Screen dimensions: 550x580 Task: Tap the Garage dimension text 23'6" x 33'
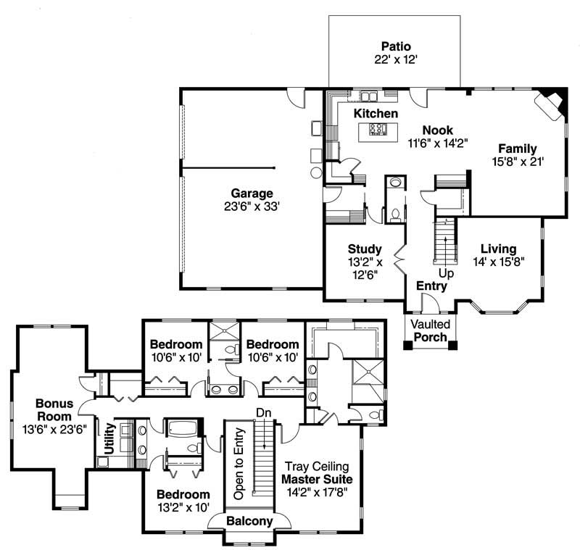pyautogui.click(x=252, y=207)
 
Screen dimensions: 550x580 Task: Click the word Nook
pyautogui.click(x=437, y=130)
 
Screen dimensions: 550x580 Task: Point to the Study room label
pyautogui.click(x=364, y=248)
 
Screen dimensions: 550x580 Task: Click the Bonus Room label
pyautogui.click(x=54, y=410)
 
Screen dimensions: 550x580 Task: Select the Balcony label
pyautogui.click(x=249, y=521)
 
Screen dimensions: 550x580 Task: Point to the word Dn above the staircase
pyautogui.click(x=262, y=412)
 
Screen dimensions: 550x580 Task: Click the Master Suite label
pyautogui.click(x=317, y=479)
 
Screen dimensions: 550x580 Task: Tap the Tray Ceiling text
pyautogui.click(x=317, y=466)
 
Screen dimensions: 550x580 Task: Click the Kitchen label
pyautogui.click(x=376, y=114)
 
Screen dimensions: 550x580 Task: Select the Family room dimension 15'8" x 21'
pyautogui.click(x=517, y=162)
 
